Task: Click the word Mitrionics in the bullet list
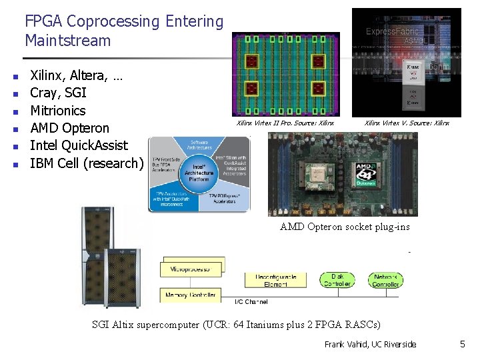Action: (58, 111)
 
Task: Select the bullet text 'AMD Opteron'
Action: (69, 128)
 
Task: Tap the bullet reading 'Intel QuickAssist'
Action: (79, 145)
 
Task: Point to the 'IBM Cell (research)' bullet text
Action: (87, 163)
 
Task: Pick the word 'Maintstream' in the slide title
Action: (67, 41)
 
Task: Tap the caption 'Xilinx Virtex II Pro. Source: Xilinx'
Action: (285, 123)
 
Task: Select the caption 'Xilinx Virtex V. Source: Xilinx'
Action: (407, 123)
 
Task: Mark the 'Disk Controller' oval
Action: (337, 280)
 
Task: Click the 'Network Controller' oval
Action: (386, 280)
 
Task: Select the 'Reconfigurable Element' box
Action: (279, 280)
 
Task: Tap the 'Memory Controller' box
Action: (190, 294)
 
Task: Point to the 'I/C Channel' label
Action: (251, 302)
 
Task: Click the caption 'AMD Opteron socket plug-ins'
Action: (345, 227)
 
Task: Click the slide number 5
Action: (462, 344)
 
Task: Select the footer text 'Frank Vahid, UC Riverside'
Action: (370, 344)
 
